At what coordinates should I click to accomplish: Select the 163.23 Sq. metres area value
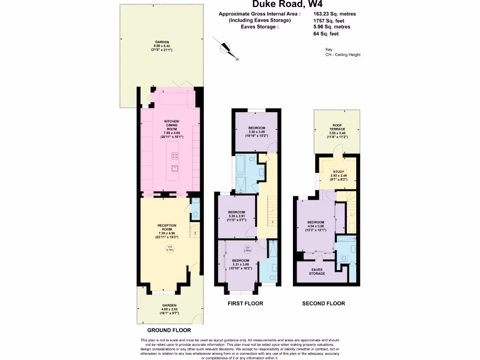tap(334, 14)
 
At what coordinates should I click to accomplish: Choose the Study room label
tap(338, 175)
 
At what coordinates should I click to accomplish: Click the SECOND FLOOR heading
tap(323, 303)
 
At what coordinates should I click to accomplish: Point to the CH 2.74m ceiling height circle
tap(170, 249)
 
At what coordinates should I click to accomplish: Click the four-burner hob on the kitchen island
tap(174, 155)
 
